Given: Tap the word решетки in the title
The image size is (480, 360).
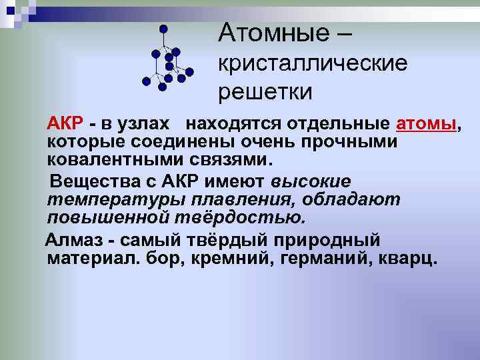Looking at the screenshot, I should click(x=265, y=92).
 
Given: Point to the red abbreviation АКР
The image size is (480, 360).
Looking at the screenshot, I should click(x=65, y=124).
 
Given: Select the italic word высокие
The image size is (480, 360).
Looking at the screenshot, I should click(x=311, y=181).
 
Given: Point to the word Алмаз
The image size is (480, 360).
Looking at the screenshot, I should click(x=74, y=239).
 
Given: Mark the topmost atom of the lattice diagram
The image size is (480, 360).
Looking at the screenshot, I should click(x=163, y=29).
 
